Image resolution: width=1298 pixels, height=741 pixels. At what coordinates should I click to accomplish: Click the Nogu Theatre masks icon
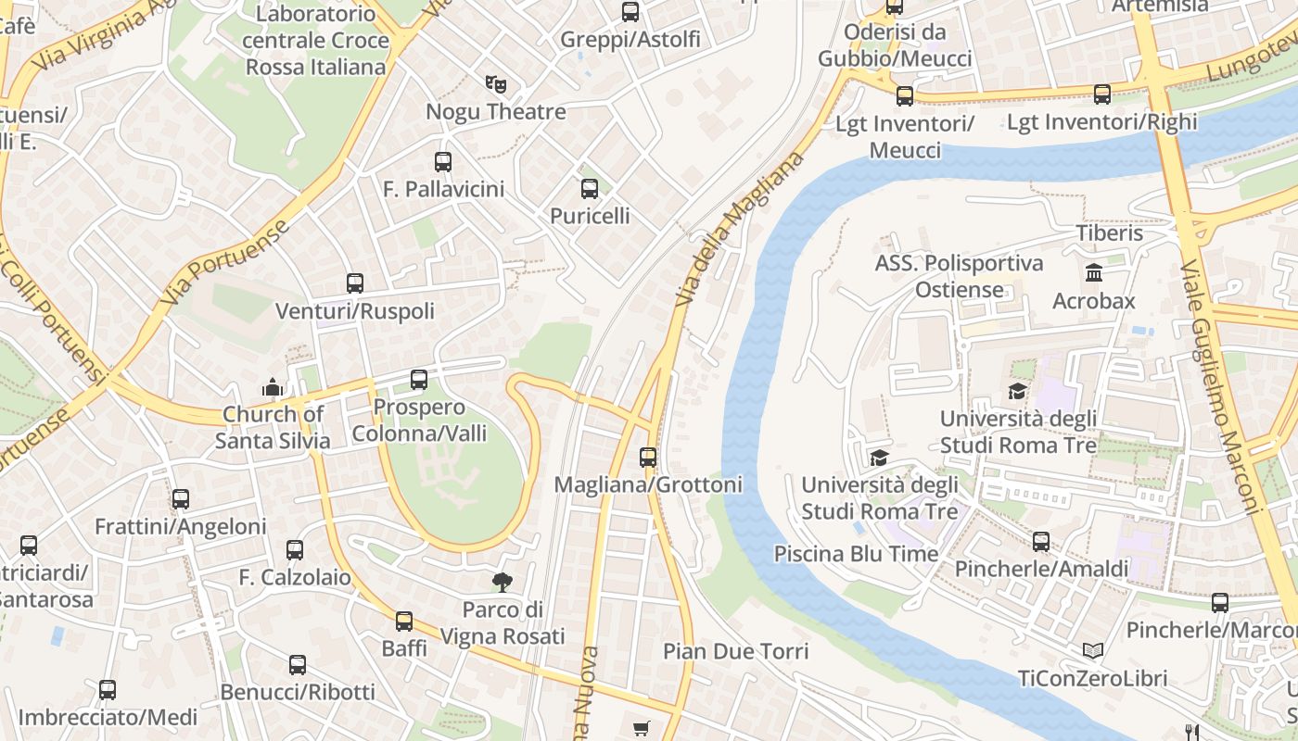(496, 84)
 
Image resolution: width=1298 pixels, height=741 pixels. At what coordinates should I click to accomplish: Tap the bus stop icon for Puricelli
(590, 189)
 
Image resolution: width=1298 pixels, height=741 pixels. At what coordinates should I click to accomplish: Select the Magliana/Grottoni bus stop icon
(648, 457)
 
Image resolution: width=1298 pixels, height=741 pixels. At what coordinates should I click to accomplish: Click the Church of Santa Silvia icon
(272, 386)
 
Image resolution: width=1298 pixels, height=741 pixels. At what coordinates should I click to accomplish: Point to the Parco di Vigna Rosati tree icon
(502, 582)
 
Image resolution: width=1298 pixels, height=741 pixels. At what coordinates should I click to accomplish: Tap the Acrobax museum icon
(1093, 273)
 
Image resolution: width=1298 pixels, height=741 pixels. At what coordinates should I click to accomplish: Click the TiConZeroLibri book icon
(1093, 650)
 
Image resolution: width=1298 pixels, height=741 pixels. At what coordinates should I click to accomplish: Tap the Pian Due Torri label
(735, 651)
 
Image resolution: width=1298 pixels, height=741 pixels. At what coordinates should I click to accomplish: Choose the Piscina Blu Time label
(856, 554)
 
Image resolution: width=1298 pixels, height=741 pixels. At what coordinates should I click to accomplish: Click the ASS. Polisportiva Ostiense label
(959, 276)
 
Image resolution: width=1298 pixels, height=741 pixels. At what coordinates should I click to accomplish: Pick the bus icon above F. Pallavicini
(443, 162)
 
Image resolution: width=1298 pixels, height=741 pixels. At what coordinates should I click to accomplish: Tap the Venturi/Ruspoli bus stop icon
(355, 283)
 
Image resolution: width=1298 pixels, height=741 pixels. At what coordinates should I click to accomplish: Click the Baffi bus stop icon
(404, 621)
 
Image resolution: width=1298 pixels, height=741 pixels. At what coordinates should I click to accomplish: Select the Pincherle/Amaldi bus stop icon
(1041, 542)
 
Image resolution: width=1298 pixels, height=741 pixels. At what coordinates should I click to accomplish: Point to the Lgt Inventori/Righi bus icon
(1101, 94)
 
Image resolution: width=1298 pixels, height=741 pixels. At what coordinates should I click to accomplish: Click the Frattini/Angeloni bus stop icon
(181, 499)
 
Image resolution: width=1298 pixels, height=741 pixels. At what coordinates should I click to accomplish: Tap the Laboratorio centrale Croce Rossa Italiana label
(315, 41)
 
